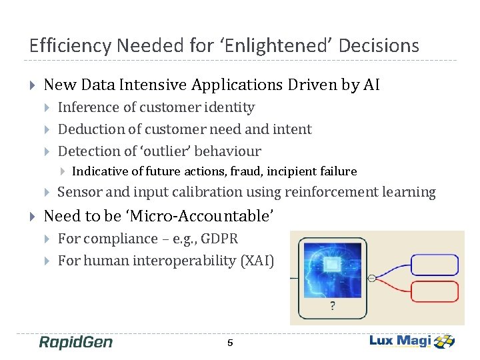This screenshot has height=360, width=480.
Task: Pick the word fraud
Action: tap(243, 171)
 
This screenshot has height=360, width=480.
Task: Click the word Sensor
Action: tap(78, 193)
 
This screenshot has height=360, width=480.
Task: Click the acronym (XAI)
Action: tap(257, 261)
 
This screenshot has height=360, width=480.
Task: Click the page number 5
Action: tap(230, 343)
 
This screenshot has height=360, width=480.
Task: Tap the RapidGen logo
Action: tap(75, 343)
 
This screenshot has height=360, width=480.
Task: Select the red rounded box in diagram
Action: tap(435, 291)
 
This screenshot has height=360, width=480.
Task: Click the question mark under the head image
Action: tap(333, 307)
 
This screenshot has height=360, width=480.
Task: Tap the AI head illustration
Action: tap(333, 270)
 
